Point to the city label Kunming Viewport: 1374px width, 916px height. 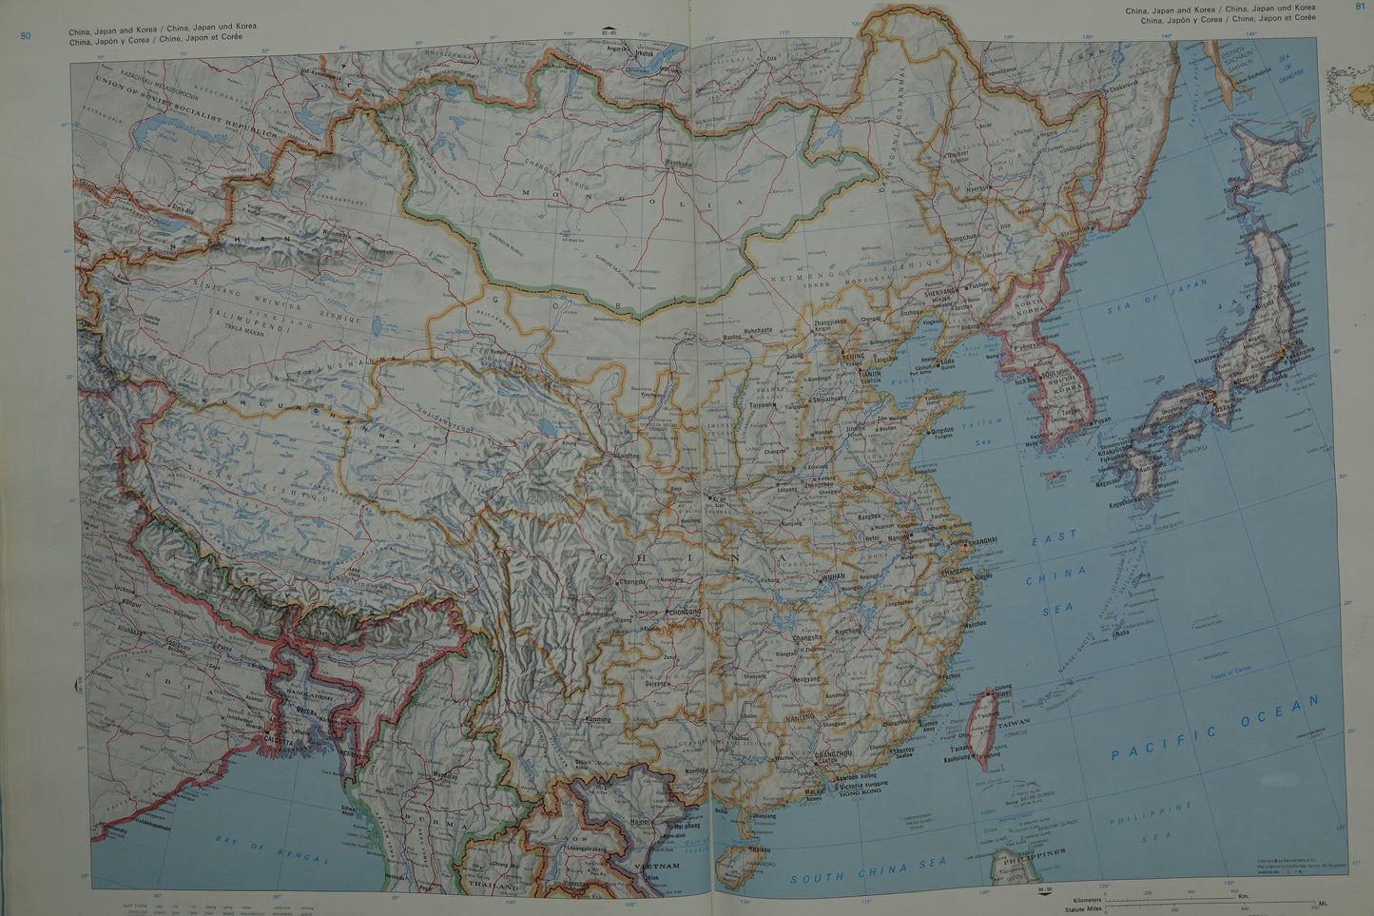pyautogui.click(x=599, y=719)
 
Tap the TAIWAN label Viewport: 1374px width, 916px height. pyautogui.click(x=1013, y=723)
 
